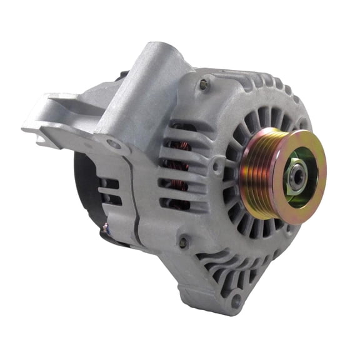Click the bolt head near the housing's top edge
(x=203, y=84)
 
